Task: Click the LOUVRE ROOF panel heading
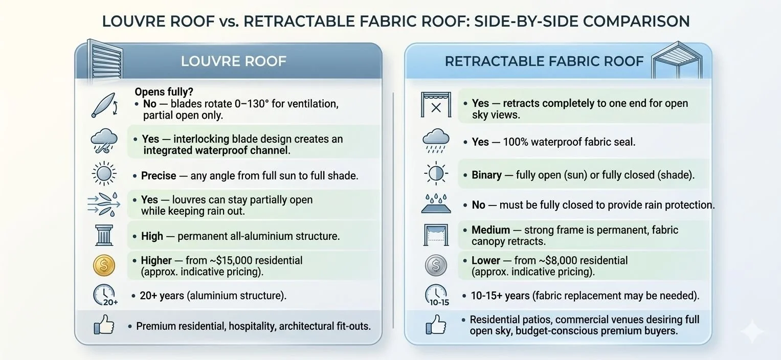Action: pyautogui.click(x=233, y=61)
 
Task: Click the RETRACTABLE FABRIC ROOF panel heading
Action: pyautogui.click(x=544, y=61)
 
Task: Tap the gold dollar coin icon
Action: pyautogui.click(x=104, y=266)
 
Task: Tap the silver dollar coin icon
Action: pyautogui.click(x=436, y=266)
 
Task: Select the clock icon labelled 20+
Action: pyautogui.click(x=105, y=296)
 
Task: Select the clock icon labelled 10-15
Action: pyautogui.click(x=436, y=296)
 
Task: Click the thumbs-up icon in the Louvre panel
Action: pyautogui.click(x=104, y=326)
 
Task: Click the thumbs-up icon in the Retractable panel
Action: pyautogui.click(x=436, y=325)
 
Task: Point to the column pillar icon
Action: pyautogui.click(x=104, y=236)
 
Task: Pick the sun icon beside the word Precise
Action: pyautogui.click(x=104, y=175)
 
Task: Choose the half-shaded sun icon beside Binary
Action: pyautogui.click(x=436, y=174)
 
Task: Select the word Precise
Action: pyautogui.click(x=159, y=175)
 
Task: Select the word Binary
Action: pyautogui.click(x=486, y=175)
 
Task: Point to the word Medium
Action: pyautogui.click(x=490, y=230)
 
